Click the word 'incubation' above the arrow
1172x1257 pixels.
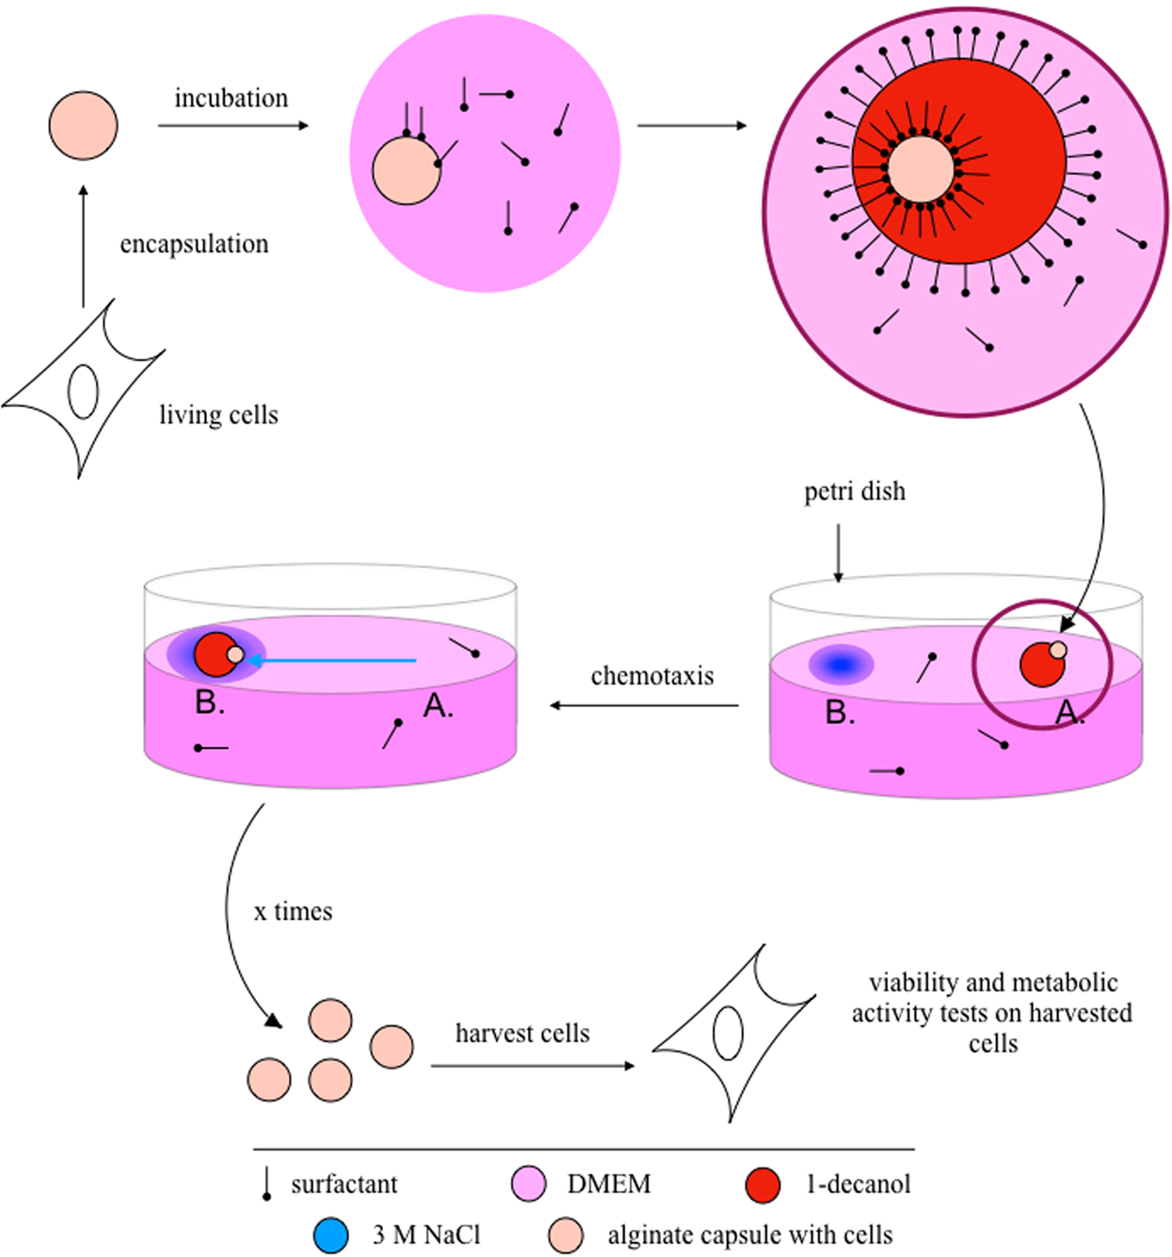pos(231,98)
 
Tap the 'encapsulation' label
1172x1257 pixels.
pos(194,244)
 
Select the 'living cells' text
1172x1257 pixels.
pos(218,414)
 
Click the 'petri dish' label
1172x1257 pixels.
pos(854,492)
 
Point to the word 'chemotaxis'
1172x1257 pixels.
pos(651,676)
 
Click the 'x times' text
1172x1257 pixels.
pos(293,911)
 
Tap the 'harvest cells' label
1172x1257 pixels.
pos(522,1033)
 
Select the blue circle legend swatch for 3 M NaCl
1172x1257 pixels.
pos(330,1234)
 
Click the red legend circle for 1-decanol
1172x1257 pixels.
pos(763,1184)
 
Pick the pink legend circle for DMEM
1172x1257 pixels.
pos(528,1184)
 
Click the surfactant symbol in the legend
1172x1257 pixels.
pos(267,1184)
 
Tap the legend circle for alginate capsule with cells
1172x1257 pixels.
pos(566,1234)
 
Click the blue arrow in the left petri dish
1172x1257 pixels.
pos(329,661)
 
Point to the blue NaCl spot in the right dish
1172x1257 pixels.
pos(841,665)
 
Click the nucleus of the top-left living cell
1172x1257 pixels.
pos(83,391)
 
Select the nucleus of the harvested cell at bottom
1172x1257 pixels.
pos(728,1033)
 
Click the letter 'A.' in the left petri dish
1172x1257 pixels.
pos(438,705)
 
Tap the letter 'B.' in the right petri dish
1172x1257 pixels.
pos(840,713)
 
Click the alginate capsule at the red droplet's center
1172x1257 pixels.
pos(921,170)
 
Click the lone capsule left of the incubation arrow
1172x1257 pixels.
pos(83,125)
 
